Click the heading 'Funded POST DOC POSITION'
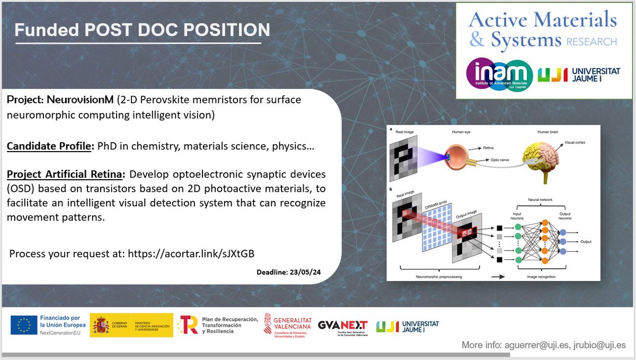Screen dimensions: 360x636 coord(142,30)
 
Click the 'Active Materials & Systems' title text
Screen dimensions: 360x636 coord(542,30)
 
